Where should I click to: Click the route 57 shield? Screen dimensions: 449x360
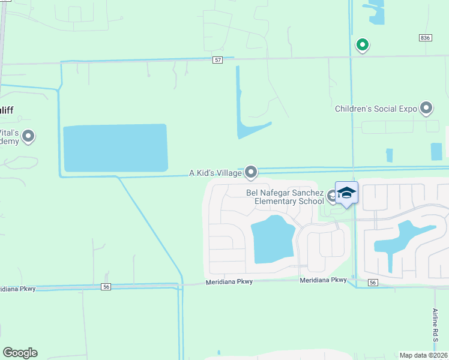coord(218,60)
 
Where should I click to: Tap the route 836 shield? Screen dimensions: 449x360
coord(425,38)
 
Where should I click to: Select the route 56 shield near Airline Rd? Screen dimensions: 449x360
coord(373,283)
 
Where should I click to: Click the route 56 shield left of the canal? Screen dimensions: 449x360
coord(106,287)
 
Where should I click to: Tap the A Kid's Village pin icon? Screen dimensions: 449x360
coord(251,172)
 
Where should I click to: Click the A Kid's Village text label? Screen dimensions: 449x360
coord(215,173)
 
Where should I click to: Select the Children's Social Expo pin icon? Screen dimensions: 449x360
coord(426,108)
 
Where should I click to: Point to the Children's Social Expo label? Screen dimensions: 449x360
coord(376,109)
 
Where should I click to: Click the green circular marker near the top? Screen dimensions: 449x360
coord(362,44)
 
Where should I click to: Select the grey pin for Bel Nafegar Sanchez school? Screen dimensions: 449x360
coord(332,195)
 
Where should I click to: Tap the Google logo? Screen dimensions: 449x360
coord(20,353)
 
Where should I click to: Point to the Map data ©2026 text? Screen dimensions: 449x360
coord(424,355)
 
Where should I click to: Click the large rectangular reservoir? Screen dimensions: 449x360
coord(115,148)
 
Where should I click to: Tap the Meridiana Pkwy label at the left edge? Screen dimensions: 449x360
coord(18,289)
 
